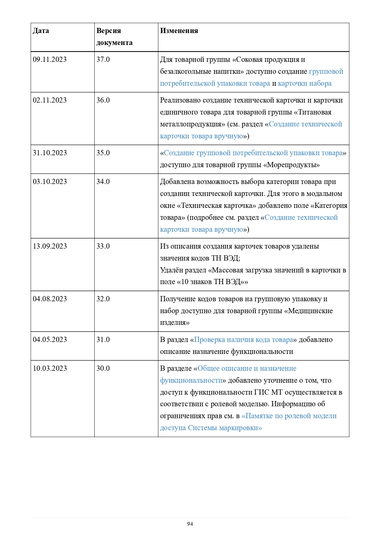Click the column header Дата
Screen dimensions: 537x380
(x=41, y=31)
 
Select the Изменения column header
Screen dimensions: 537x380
(x=179, y=31)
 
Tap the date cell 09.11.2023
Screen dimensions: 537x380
(x=50, y=59)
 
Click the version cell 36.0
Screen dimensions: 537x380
(x=103, y=100)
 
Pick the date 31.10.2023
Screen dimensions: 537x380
(x=50, y=153)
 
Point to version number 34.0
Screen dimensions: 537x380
(x=103, y=182)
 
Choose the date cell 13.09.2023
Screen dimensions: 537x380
(x=50, y=246)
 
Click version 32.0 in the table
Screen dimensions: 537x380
(x=103, y=299)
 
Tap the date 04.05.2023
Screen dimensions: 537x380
(x=50, y=340)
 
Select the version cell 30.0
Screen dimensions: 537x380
(x=103, y=368)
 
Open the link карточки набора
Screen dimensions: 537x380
(x=304, y=83)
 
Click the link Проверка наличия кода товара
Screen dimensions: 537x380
(x=243, y=340)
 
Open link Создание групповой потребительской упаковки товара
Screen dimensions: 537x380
(x=253, y=153)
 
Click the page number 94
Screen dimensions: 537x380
(x=190, y=524)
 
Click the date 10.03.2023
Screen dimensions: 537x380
(x=50, y=368)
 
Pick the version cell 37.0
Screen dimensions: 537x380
(x=103, y=59)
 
